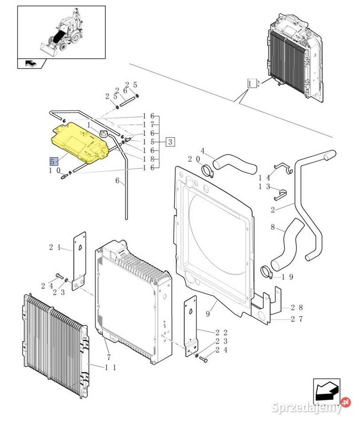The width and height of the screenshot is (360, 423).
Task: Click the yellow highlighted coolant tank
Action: point(80,141)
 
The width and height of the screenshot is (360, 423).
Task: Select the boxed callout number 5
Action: point(53,161)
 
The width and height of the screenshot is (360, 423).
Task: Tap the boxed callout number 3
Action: point(170,141)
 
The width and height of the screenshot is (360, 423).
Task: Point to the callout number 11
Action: point(110,367)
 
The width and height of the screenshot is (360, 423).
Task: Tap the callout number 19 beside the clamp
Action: point(288,277)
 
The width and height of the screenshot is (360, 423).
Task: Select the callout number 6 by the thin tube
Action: point(117,180)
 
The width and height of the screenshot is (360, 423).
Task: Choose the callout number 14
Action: point(264,178)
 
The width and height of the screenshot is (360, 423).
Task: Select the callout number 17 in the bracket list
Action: point(149,125)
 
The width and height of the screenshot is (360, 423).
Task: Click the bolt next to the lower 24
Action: point(203,360)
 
